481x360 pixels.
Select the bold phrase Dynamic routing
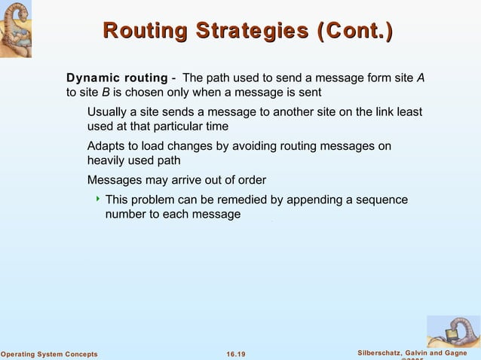tap(117, 78)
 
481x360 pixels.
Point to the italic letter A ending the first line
tap(421, 78)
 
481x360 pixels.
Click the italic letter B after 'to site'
tap(106, 93)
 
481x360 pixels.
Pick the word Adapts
tap(108, 146)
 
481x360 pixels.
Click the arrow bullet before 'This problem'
tap(97, 200)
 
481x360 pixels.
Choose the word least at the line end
tap(407, 112)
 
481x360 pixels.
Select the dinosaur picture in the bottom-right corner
tap(453, 331)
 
